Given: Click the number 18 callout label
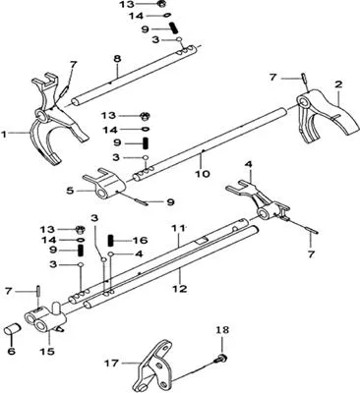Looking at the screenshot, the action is [x=222, y=330].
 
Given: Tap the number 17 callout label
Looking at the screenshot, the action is [x=112, y=364].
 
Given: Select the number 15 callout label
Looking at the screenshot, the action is [x=48, y=352].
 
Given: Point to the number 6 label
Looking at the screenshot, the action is [x=11, y=352].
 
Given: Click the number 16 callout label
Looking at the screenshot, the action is [x=141, y=241].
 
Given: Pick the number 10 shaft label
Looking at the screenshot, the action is [x=203, y=173].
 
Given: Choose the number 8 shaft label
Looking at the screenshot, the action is [x=117, y=59].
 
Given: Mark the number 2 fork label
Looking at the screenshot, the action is [x=338, y=84].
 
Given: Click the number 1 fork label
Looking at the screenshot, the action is [x=4, y=134].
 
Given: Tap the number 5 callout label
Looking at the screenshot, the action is [x=70, y=191].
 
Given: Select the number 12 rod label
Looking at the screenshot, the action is [x=181, y=289].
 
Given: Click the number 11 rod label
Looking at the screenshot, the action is [x=179, y=227].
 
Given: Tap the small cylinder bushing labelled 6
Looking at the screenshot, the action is [x=13, y=329].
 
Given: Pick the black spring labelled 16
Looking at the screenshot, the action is [x=111, y=241].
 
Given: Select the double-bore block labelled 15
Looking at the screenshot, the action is [x=46, y=318].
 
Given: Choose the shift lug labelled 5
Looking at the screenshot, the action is [x=103, y=185].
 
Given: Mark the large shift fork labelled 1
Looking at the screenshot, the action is [x=56, y=120].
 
